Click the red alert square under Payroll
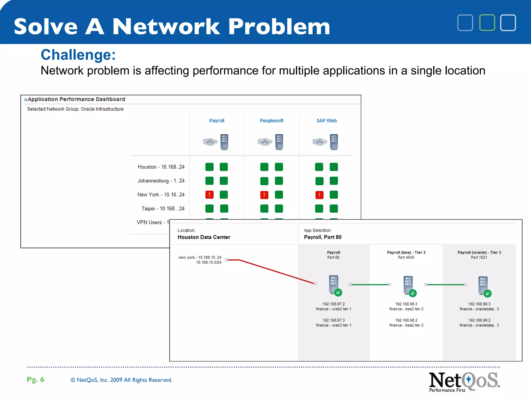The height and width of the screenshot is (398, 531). (209, 195)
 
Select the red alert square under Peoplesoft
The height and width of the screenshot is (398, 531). (264, 195)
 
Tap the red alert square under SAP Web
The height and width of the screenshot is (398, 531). (319, 195)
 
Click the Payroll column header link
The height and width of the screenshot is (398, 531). (216, 121)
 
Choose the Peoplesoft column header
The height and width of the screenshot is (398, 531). (271, 121)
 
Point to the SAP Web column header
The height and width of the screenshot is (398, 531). (326, 121)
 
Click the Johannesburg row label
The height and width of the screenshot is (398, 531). (161, 181)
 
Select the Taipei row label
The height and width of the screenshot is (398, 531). (163, 209)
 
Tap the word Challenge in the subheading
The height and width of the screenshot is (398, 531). (78, 55)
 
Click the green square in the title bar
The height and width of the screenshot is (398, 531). (487, 23)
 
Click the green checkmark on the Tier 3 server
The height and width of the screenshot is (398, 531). (487, 294)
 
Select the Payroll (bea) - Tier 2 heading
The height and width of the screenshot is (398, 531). (406, 252)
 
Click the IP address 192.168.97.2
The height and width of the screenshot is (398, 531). (333, 304)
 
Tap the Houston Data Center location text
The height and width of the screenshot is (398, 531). (204, 237)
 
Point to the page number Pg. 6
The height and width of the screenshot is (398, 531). (36, 380)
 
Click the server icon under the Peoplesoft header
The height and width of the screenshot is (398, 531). (279, 142)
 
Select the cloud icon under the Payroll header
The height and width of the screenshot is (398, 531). (210, 142)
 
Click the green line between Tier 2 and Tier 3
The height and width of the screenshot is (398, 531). (445, 285)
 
